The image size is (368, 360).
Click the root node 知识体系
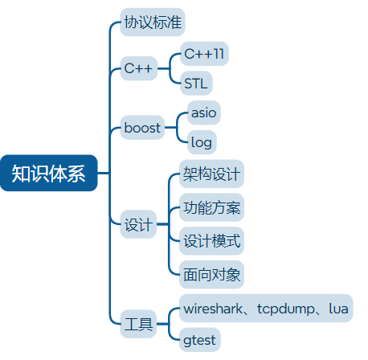coord(48,174)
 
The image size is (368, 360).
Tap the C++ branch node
coord(138,68)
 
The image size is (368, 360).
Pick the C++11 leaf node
coord(204,54)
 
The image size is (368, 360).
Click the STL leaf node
coord(196,83)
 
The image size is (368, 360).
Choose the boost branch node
coord(142,128)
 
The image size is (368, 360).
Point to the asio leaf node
coord(203,112)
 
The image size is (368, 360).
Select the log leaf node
coord(202,143)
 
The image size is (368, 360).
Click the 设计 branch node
coord(137,226)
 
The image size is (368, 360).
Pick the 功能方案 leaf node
coord(211,208)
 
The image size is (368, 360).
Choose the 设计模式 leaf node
coord(211,241)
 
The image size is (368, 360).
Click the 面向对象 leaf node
coord(211,274)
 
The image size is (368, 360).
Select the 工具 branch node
coord(137,325)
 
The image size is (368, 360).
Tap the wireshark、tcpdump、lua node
coord(266,309)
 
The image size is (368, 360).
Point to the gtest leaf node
coord(199,340)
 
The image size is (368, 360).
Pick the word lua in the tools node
coord(338,309)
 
